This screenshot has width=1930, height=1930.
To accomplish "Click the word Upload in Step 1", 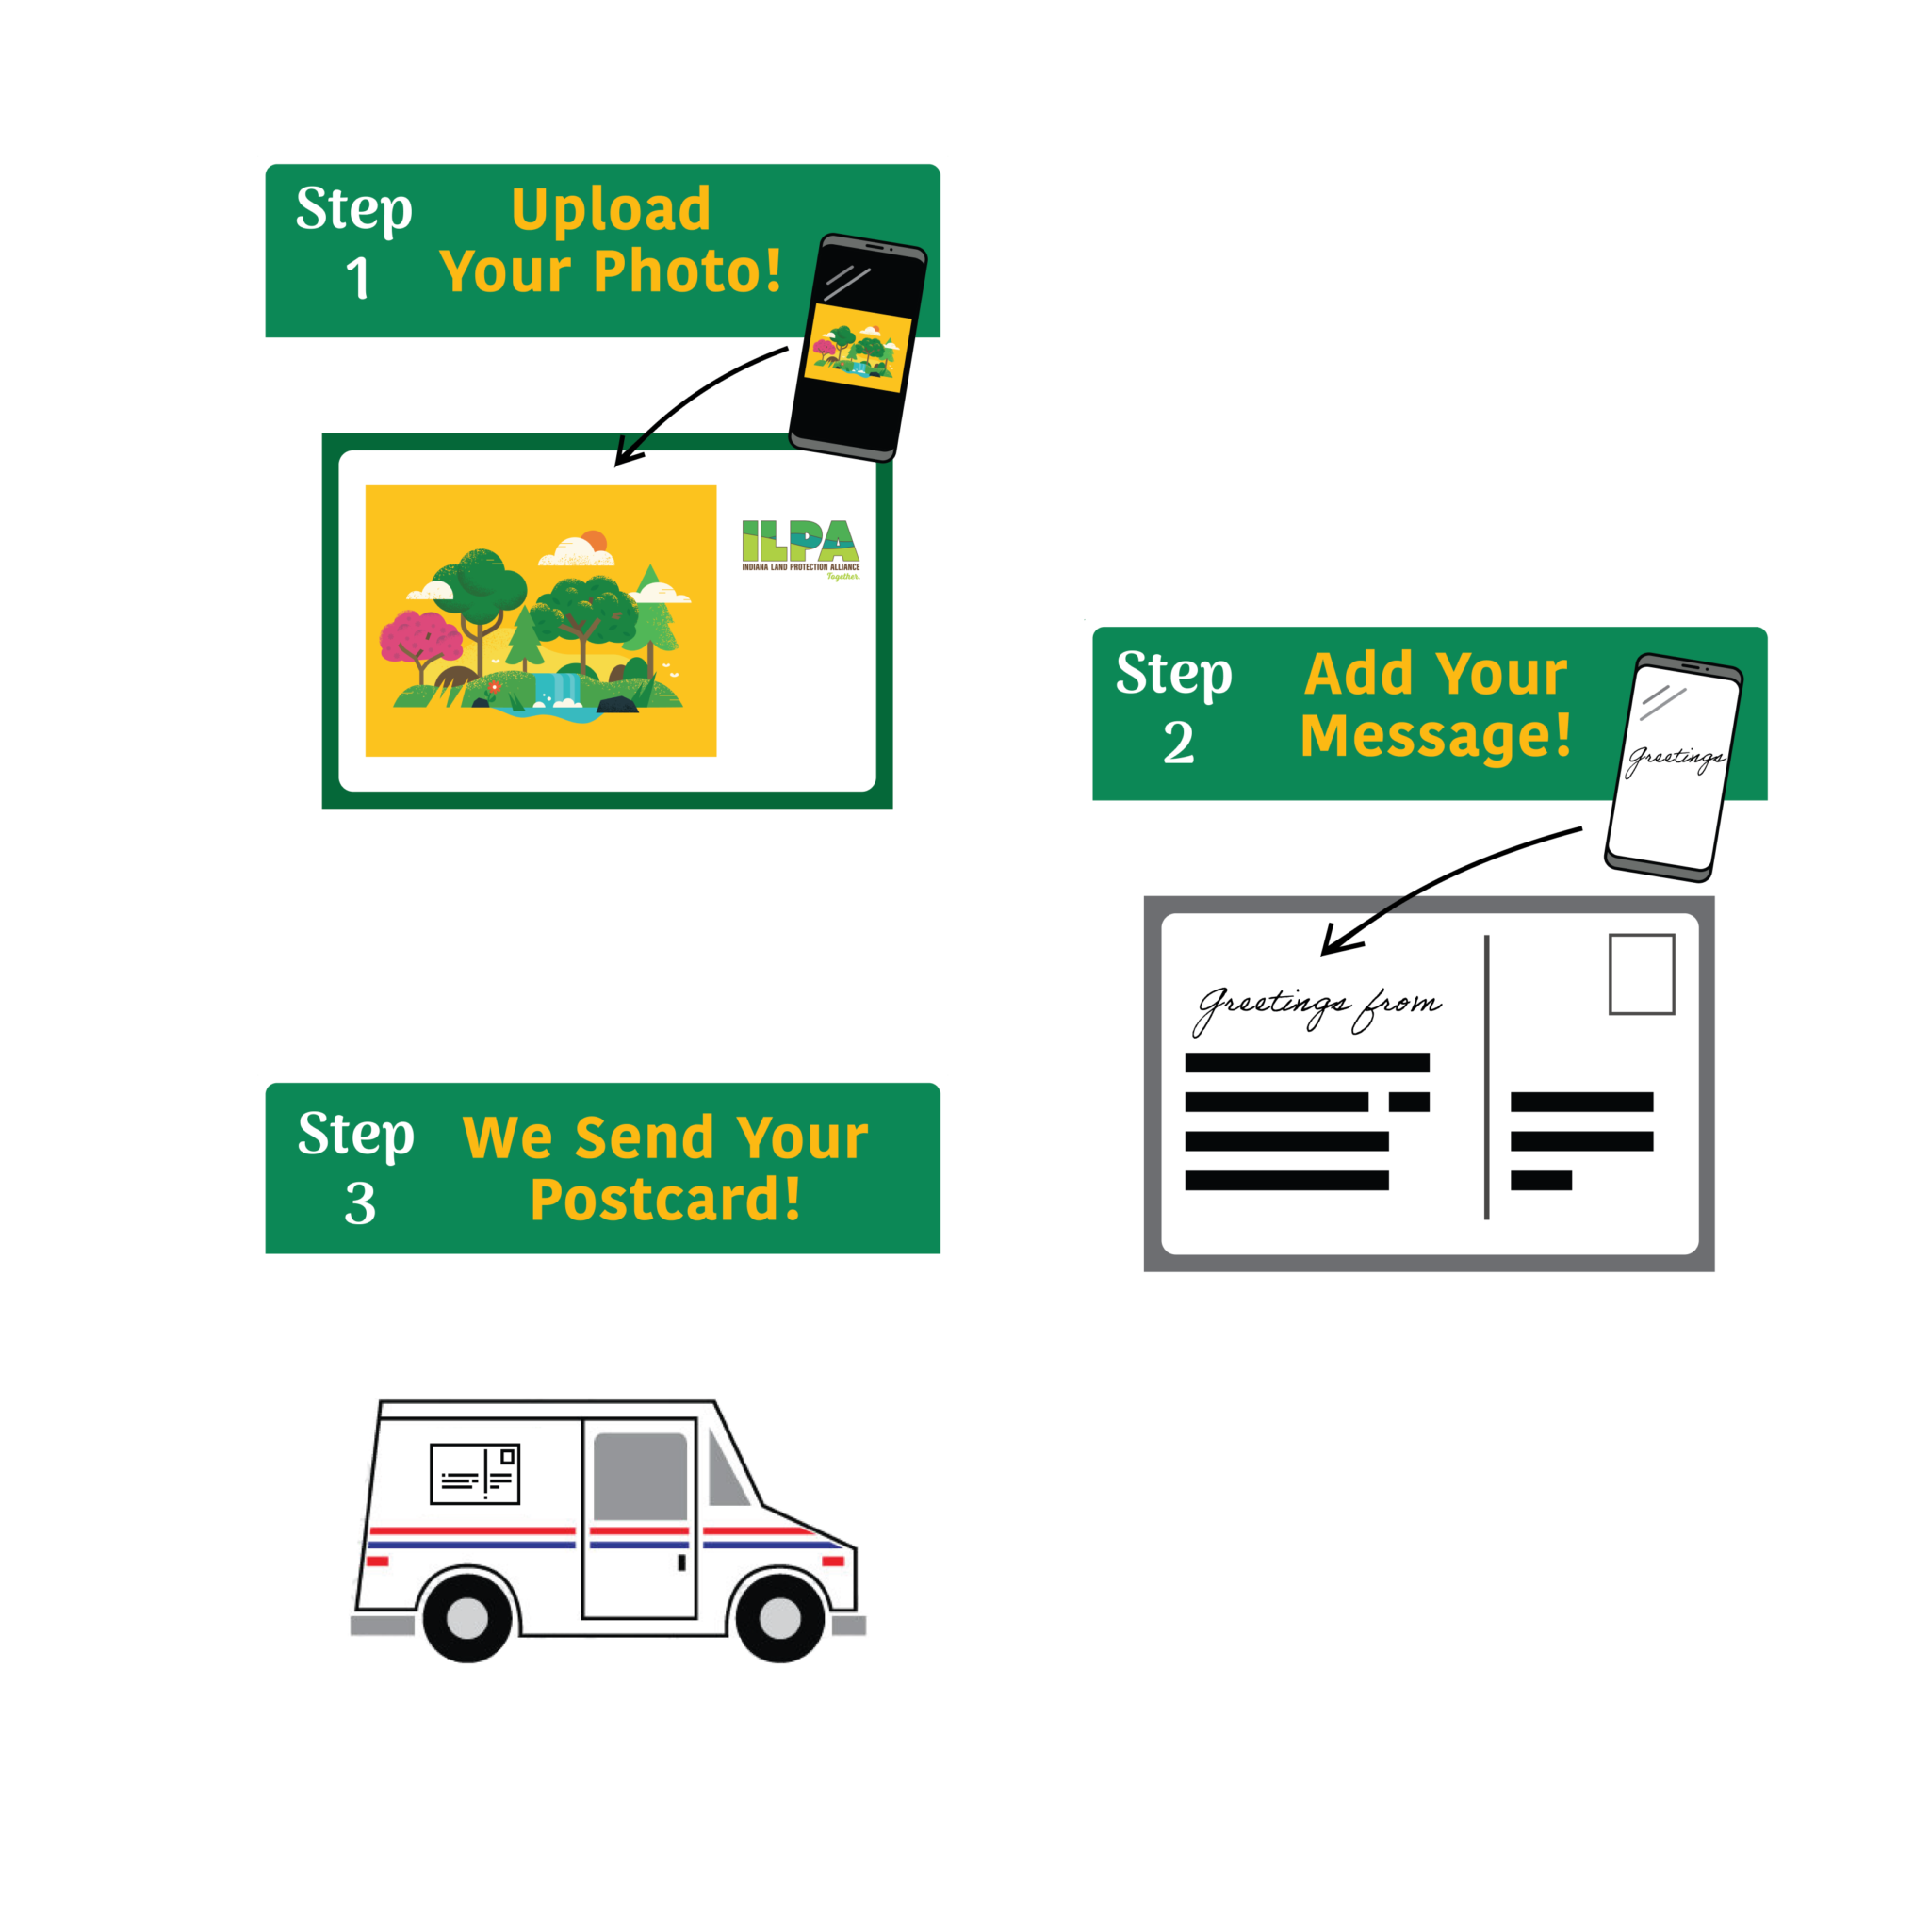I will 611,210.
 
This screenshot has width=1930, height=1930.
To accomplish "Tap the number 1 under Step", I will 357,278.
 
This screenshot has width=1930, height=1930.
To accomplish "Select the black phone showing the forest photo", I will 858,348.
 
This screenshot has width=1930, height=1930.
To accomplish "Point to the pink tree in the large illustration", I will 418,644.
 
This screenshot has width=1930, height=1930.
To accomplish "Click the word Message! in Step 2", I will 1435,736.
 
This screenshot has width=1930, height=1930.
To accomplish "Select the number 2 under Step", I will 1178,744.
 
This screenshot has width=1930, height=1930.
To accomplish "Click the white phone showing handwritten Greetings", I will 1674,767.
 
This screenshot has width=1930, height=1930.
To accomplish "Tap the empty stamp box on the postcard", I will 1642,974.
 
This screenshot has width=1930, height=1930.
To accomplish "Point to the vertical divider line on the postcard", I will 1486,1077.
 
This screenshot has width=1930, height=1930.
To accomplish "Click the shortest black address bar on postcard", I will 1541,1181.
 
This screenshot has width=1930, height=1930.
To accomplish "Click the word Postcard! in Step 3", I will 665,1200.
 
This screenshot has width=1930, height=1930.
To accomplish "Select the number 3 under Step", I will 360,1203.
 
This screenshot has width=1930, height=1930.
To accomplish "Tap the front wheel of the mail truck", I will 779,1618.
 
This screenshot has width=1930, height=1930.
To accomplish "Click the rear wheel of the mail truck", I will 467,1618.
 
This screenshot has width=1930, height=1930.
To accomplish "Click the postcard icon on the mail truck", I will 475,1474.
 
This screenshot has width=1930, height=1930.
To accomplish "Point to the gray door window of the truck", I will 640,1477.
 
